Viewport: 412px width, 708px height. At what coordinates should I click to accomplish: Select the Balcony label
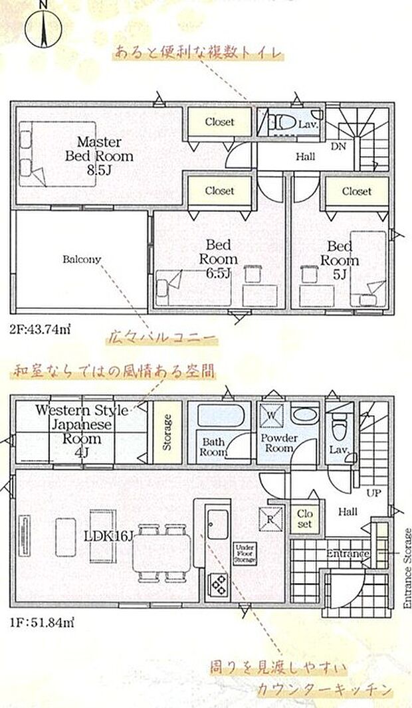point(81,259)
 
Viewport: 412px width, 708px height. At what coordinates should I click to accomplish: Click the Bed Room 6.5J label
point(218,260)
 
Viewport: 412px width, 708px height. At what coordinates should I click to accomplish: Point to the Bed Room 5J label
point(342,260)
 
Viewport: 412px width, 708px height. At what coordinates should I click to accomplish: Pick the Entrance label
point(347,554)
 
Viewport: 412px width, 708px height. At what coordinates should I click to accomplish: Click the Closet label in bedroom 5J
point(356,191)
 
